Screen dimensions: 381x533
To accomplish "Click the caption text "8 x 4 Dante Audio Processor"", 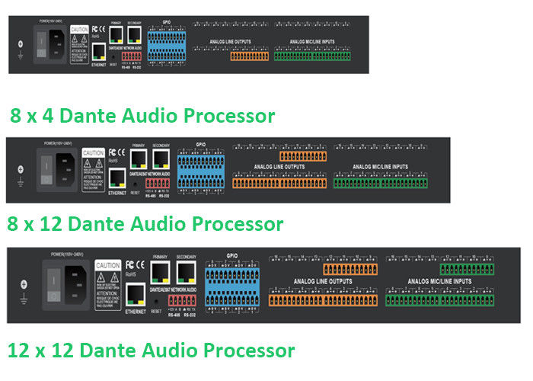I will pos(142,117).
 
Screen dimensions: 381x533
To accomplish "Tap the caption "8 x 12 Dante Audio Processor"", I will pos(145,224).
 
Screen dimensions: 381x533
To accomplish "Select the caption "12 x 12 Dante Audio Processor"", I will pos(151,351).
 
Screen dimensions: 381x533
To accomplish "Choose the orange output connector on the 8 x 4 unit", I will pos(250,55).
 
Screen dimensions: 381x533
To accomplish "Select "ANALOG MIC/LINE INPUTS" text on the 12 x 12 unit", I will pos(439,282).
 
